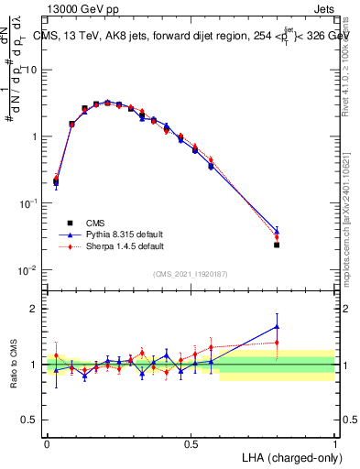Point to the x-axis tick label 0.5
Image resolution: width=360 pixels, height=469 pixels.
coord(191,442)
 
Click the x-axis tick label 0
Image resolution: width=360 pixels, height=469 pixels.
coord(47,442)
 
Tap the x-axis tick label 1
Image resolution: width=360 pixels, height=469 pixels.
coord(334,442)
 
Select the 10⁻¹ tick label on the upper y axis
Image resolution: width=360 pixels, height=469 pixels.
coord(28,202)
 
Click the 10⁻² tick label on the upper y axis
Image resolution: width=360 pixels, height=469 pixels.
coord(28,269)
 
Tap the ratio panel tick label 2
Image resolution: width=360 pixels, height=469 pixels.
coord(35,309)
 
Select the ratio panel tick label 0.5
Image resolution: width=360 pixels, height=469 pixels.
coord(30,421)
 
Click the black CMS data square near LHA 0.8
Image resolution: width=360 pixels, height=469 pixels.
coord(277,245)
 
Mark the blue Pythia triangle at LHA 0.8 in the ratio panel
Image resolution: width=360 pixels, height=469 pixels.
coord(277,326)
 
